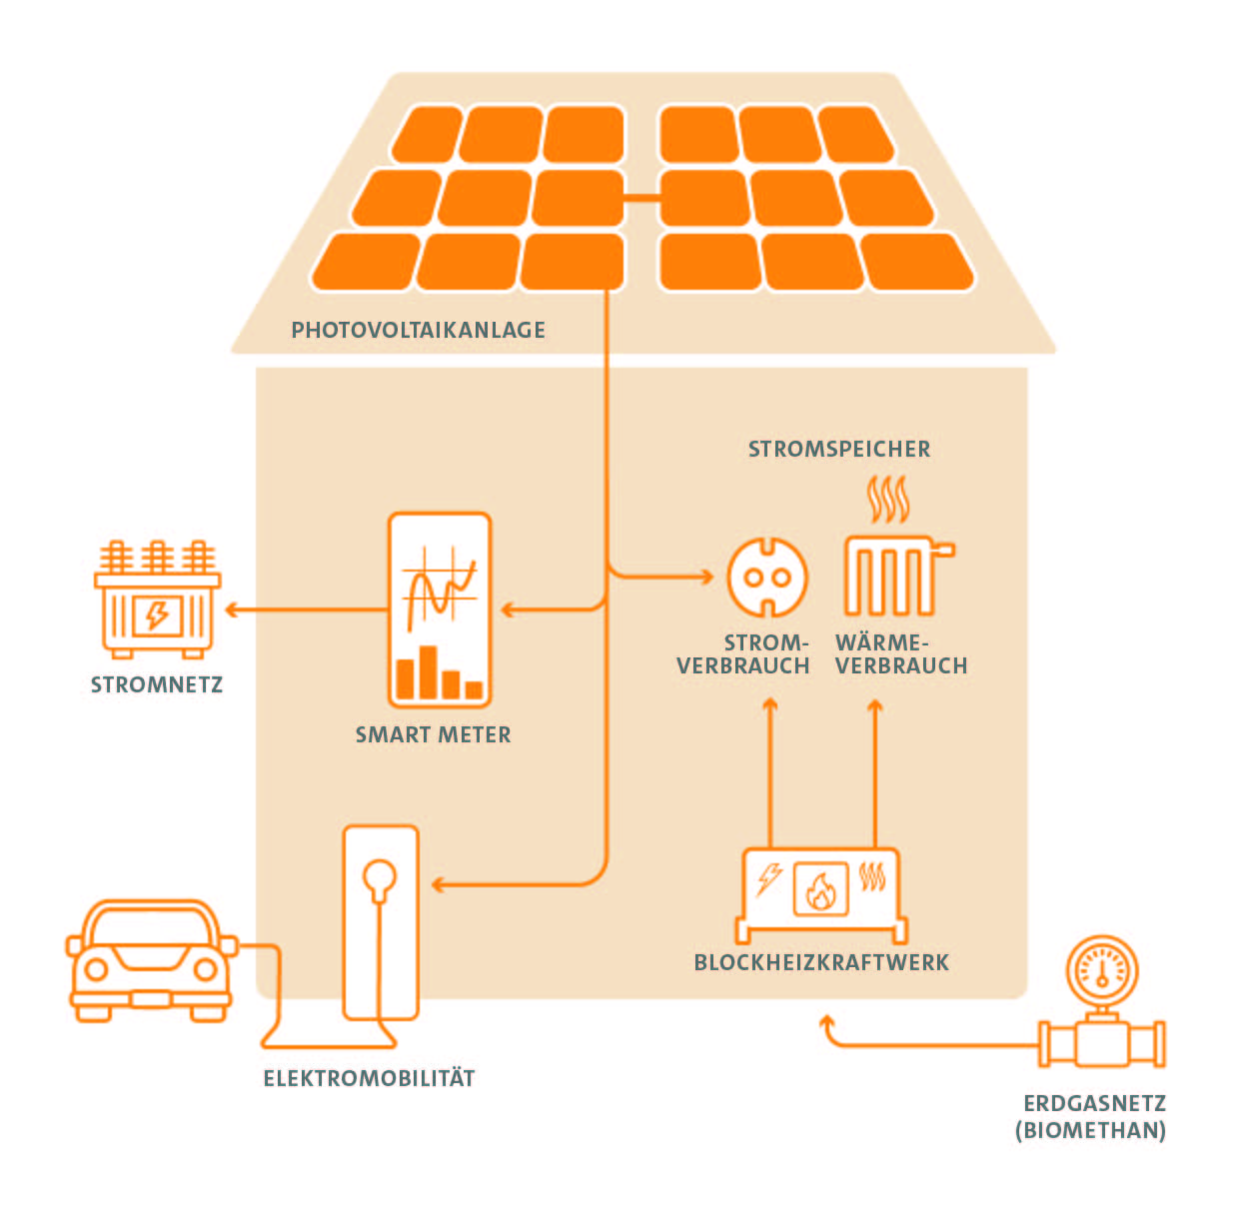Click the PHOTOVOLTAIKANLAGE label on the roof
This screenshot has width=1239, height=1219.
coord(418,330)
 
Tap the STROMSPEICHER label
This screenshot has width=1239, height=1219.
coord(838,449)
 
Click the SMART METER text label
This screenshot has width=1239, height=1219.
coord(433,735)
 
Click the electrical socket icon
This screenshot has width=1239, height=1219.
coord(766,577)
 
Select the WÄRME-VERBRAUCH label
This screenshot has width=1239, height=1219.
coord(900,654)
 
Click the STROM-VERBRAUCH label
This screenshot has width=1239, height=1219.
coord(743,654)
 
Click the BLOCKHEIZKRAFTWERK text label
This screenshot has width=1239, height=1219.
coord(821,963)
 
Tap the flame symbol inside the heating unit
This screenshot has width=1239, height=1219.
coord(820,889)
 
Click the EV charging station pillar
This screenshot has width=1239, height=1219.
coord(381,919)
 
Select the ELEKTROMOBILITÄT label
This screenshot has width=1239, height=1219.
coord(369,1078)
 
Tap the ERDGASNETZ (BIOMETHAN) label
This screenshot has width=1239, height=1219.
coord(1091,1117)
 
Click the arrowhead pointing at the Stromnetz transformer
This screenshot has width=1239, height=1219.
coord(232,609)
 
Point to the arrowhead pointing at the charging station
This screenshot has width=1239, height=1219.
coord(438,884)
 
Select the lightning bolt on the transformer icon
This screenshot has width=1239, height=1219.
coord(157,613)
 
